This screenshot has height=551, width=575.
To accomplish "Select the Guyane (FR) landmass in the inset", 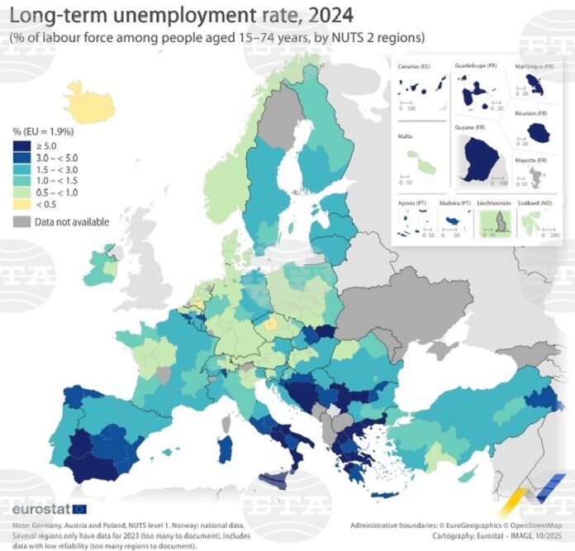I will pyautogui.click(x=479, y=161).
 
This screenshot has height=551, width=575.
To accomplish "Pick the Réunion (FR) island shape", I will pyautogui.click(x=542, y=131).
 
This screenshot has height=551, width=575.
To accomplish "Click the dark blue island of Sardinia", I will pyautogui.click(x=224, y=450).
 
